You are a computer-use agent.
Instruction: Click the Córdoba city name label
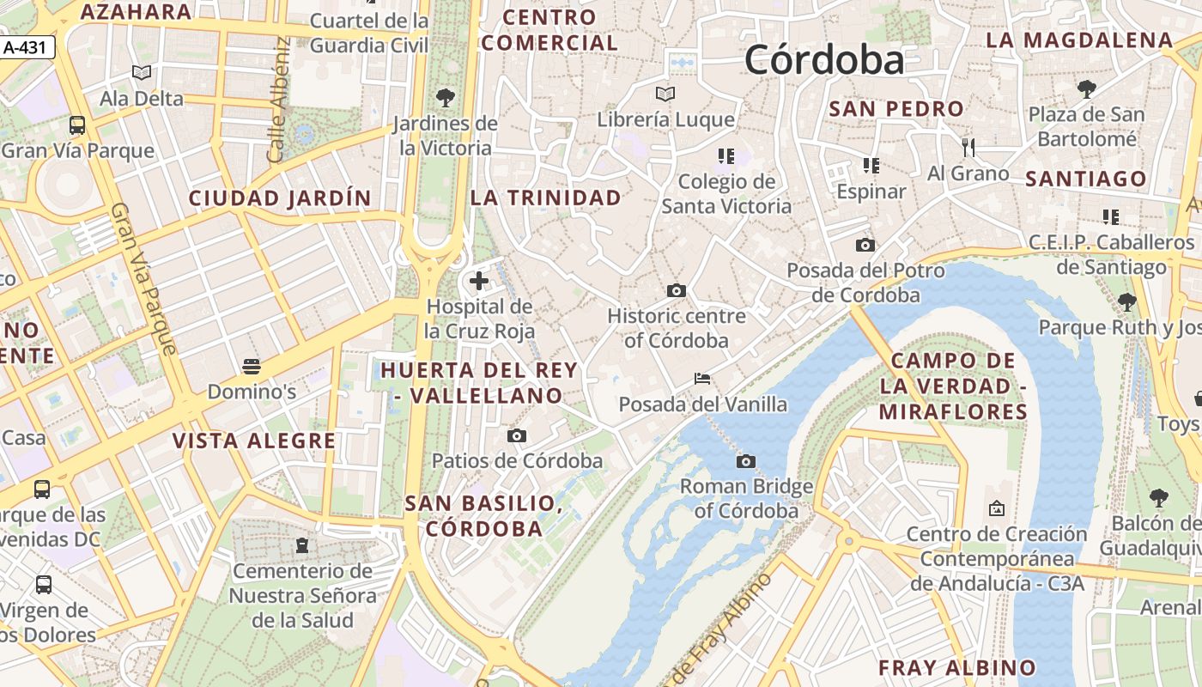click(824, 60)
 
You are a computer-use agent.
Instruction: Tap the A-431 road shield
click(25, 48)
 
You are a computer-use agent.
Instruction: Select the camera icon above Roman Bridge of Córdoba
click(746, 462)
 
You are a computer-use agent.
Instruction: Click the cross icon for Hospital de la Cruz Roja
click(479, 281)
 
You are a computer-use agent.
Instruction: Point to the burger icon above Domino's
click(252, 367)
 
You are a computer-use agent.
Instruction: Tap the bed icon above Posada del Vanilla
click(702, 379)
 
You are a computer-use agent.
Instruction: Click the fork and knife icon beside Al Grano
click(968, 148)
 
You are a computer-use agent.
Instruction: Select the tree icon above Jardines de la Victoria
click(445, 97)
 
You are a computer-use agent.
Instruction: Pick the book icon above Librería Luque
click(665, 94)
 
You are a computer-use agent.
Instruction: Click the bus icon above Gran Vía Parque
click(77, 125)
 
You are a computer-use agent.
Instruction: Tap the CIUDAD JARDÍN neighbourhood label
click(280, 198)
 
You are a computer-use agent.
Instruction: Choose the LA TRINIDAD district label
click(545, 198)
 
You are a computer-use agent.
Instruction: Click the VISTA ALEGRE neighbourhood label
click(254, 441)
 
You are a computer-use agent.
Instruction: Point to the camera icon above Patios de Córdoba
click(517, 436)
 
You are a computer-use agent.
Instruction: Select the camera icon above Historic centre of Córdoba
click(677, 291)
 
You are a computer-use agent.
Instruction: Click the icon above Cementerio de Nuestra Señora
click(302, 545)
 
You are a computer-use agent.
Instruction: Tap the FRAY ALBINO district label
click(957, 667)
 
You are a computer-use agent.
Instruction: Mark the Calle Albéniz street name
click(279, 100)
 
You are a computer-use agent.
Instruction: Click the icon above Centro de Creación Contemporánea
click(997, 509)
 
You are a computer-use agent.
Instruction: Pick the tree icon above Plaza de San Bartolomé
click(1087, 88)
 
